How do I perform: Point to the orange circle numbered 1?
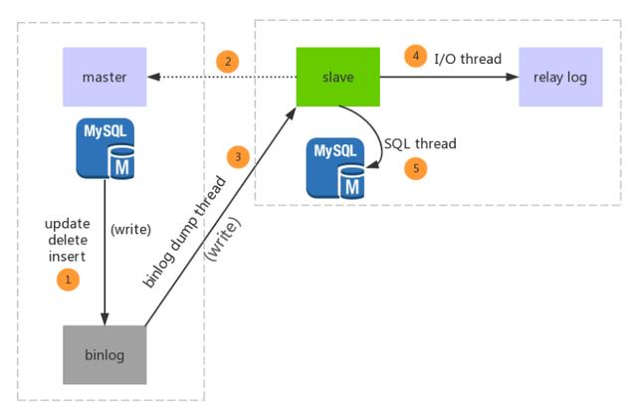pyautogui.click(x=68, y=280)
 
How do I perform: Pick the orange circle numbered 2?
pyautogui.click(x=228, y=63)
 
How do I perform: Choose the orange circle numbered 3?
pyautogui.click(x=237, y=156)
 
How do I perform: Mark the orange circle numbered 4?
pyautogui.click(x=416, y=57)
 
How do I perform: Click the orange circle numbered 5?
pyautogui.click(x=416, y=168)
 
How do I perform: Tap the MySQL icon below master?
pyautogui.click(x=106, y=147)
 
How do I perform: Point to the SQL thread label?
pyautogui.click(x=420, y=144)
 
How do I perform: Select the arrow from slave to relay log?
pyautogui.click(x=448, y=77)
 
